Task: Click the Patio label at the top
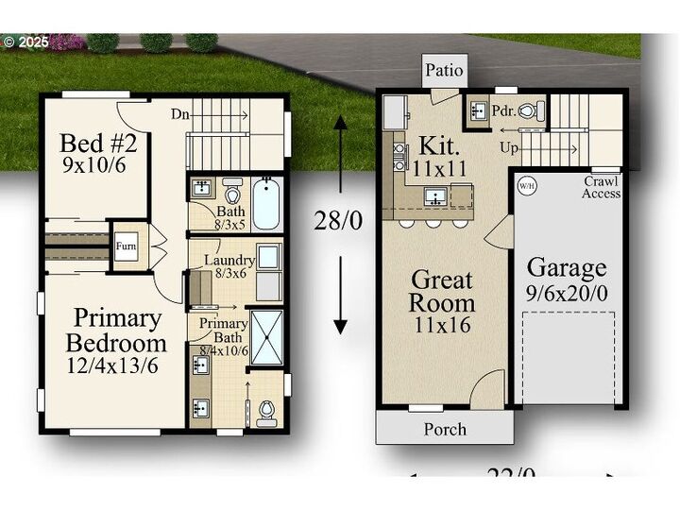pyautogui.click(x=444, y=70)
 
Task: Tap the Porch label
pyautogui.click(x=445, y=429)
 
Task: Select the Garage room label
pyautogui.click(x=567, y=268)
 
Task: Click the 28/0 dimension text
pyautogui.click(x=338, y=220)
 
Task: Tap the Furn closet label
pyautogui.click(x=126, y=246)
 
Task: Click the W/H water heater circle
pyautogui.click(x=526, y=185)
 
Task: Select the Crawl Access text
pyautogui.click(x=601, y=187)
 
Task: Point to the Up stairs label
pyautogui.click(x=509, y=148)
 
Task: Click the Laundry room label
pyautogui.click(x=230, y=260)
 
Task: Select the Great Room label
pyautogui.click(x=442, y=292)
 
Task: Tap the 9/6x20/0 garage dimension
pyautogui.click(x=568, y=293)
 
